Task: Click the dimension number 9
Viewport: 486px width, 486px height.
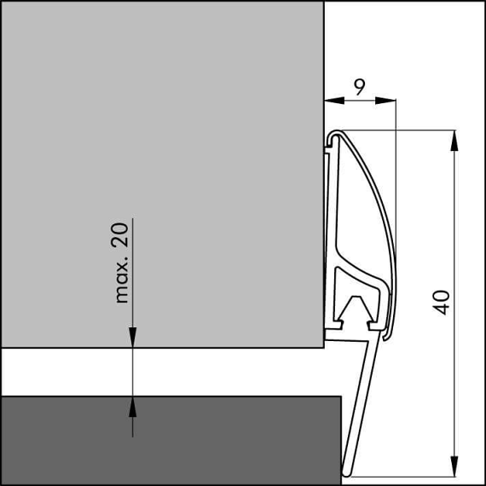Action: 360,87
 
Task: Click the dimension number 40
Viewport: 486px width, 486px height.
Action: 441,303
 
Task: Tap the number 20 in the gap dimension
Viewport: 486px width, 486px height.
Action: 119,235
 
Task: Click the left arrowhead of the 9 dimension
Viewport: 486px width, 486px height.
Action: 334,101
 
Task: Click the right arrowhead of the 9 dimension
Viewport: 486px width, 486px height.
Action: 385,101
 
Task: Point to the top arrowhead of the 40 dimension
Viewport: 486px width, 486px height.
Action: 454,141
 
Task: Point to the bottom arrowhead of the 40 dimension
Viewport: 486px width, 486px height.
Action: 454,466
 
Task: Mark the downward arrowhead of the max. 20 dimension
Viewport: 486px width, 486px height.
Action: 133,338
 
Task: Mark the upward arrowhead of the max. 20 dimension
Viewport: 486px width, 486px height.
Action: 133,407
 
